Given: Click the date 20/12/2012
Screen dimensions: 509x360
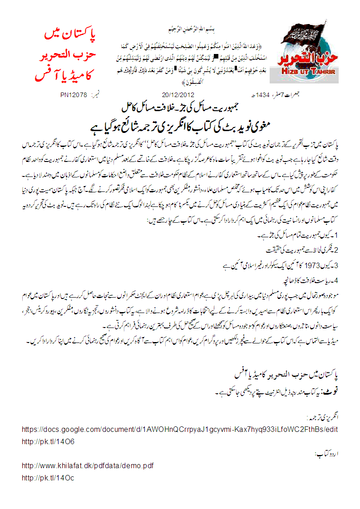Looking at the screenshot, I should pos(178,95).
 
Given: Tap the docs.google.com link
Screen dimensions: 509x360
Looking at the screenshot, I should pos(180,429).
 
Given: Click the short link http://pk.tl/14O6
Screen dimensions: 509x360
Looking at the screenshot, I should pos(48,441).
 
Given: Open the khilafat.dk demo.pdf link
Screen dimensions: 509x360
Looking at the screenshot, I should pos(88,466).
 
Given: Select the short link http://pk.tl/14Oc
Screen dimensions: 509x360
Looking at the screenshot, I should pos(48,478).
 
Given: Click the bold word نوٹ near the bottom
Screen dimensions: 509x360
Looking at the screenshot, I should pos(331,390).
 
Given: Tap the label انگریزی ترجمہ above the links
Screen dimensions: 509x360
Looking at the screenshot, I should pos(323,416).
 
